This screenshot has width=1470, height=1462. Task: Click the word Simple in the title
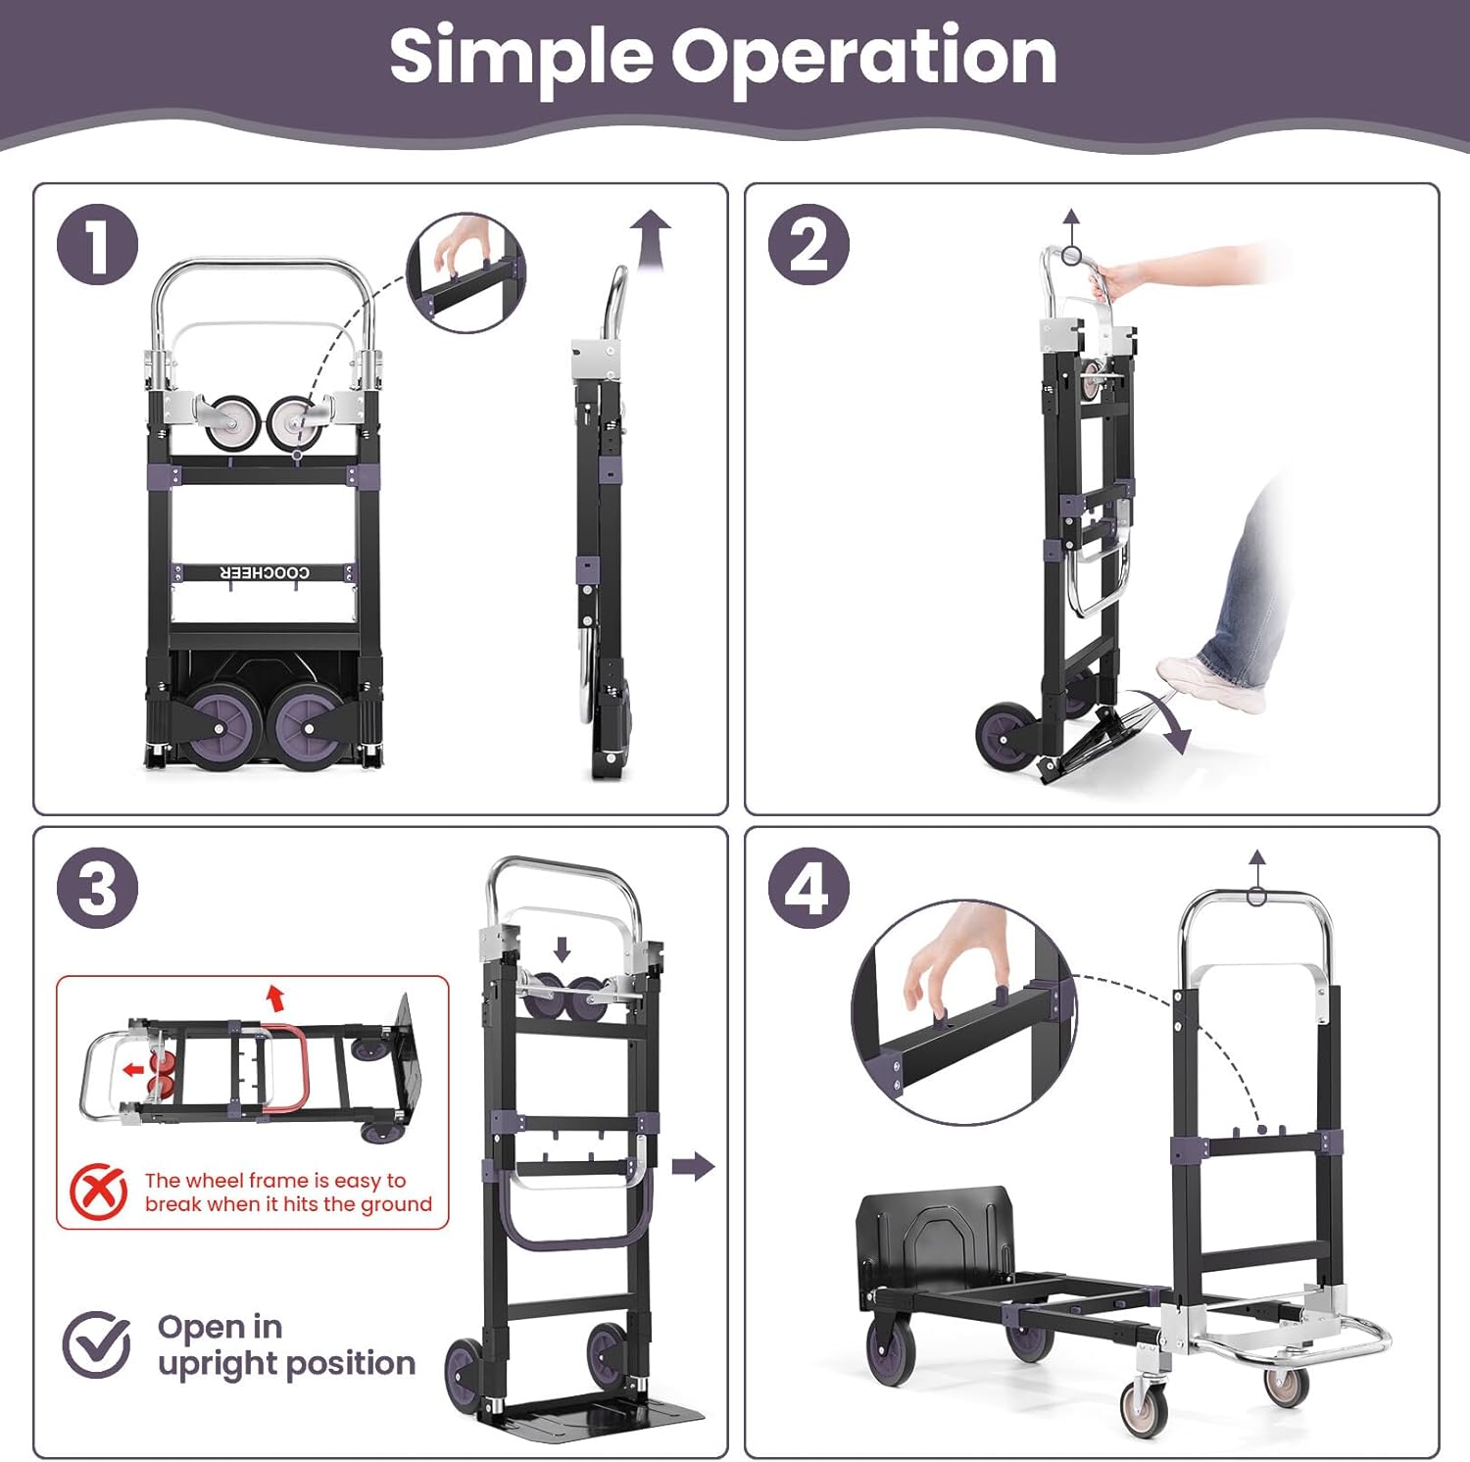point(520,57)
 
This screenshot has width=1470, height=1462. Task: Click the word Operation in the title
point(863,57)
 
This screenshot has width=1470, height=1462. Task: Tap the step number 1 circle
point(97,245)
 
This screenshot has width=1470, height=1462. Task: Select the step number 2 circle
point(808,245)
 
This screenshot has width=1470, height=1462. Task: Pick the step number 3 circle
point(97,889)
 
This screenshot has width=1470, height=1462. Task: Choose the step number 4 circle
point(808,889)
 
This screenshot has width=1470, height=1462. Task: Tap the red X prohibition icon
point(98,1192)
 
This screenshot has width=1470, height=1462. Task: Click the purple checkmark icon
point(97,1344)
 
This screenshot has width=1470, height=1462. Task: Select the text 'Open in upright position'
point(285,1345)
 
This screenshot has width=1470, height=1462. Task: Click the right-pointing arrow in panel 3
point(694,1166)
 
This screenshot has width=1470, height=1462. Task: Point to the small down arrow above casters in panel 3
point(562,949)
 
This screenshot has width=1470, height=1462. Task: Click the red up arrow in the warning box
point(275,999)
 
